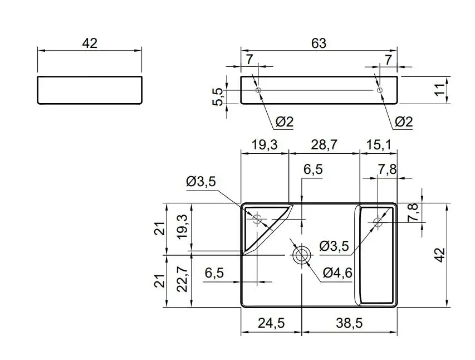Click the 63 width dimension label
(x=319, y=43)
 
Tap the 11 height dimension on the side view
(x=441, y=89)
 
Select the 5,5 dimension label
(x=218, y=97)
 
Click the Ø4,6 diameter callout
(x=337, y=273)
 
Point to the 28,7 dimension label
(x=324, y=145)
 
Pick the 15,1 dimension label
(x=378, y=145)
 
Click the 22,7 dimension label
(x=182, y=279)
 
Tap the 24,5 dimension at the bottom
(x=271, y=323)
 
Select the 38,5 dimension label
(x=349, y=323)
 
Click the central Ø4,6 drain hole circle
(x=301, y=255)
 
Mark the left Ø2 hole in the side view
(x=258, y=90)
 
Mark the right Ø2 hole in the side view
(x=380, y=90)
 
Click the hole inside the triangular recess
(x=257, y=218)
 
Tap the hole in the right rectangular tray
(x=378, y=222)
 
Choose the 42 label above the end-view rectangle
(x=90, y=43)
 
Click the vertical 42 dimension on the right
(x=441, y=255)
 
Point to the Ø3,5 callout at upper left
(x=201, y=181)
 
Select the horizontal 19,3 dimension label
(x=265, y=145)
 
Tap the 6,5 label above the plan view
(x=314, y=169)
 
